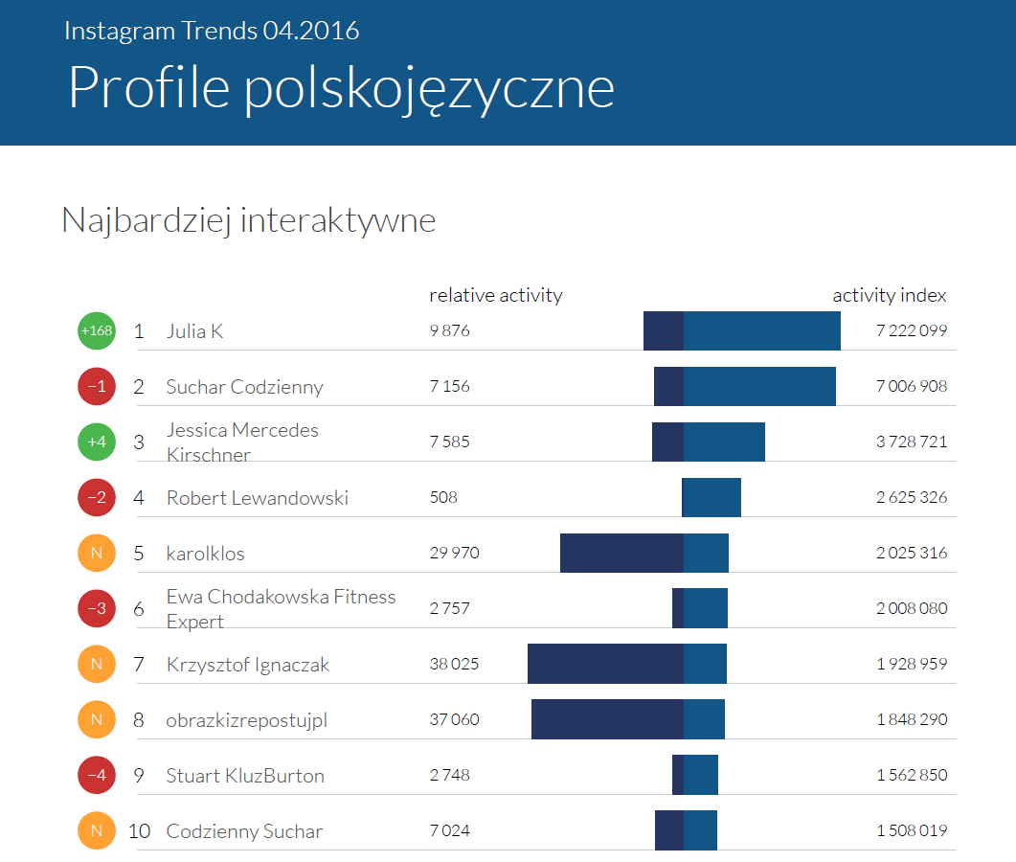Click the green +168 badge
point(96,331)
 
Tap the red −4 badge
point(96,775)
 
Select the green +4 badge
point(96,442)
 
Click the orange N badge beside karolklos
point(96,553)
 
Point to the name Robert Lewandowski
point(257,498)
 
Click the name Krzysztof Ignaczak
point(247,665)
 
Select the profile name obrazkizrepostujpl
point(246,720)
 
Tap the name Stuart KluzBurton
point(245,776)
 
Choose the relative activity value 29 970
point(454,554)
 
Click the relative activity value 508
point(443,498)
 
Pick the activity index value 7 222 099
point(911,331)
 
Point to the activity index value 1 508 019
point(911,830)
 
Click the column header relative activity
point(495,295)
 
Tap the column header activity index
point(889,295)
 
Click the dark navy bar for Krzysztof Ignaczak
point(605,664)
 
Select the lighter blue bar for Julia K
point(761,330)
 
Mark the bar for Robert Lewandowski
point(711,497)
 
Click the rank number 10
point(139,830)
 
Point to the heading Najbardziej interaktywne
point(248,220)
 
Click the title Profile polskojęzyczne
point(341,88)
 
